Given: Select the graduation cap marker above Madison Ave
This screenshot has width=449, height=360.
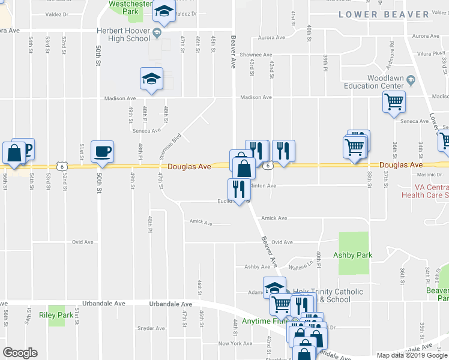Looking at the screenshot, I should [151, 79].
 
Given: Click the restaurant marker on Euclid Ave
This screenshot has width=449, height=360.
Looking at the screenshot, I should [238, 188].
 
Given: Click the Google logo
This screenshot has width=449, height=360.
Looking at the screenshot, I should [20, 353].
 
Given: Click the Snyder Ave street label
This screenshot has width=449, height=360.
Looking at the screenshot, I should [151, 328].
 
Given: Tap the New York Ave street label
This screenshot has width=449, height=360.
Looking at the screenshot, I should [235, 344].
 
